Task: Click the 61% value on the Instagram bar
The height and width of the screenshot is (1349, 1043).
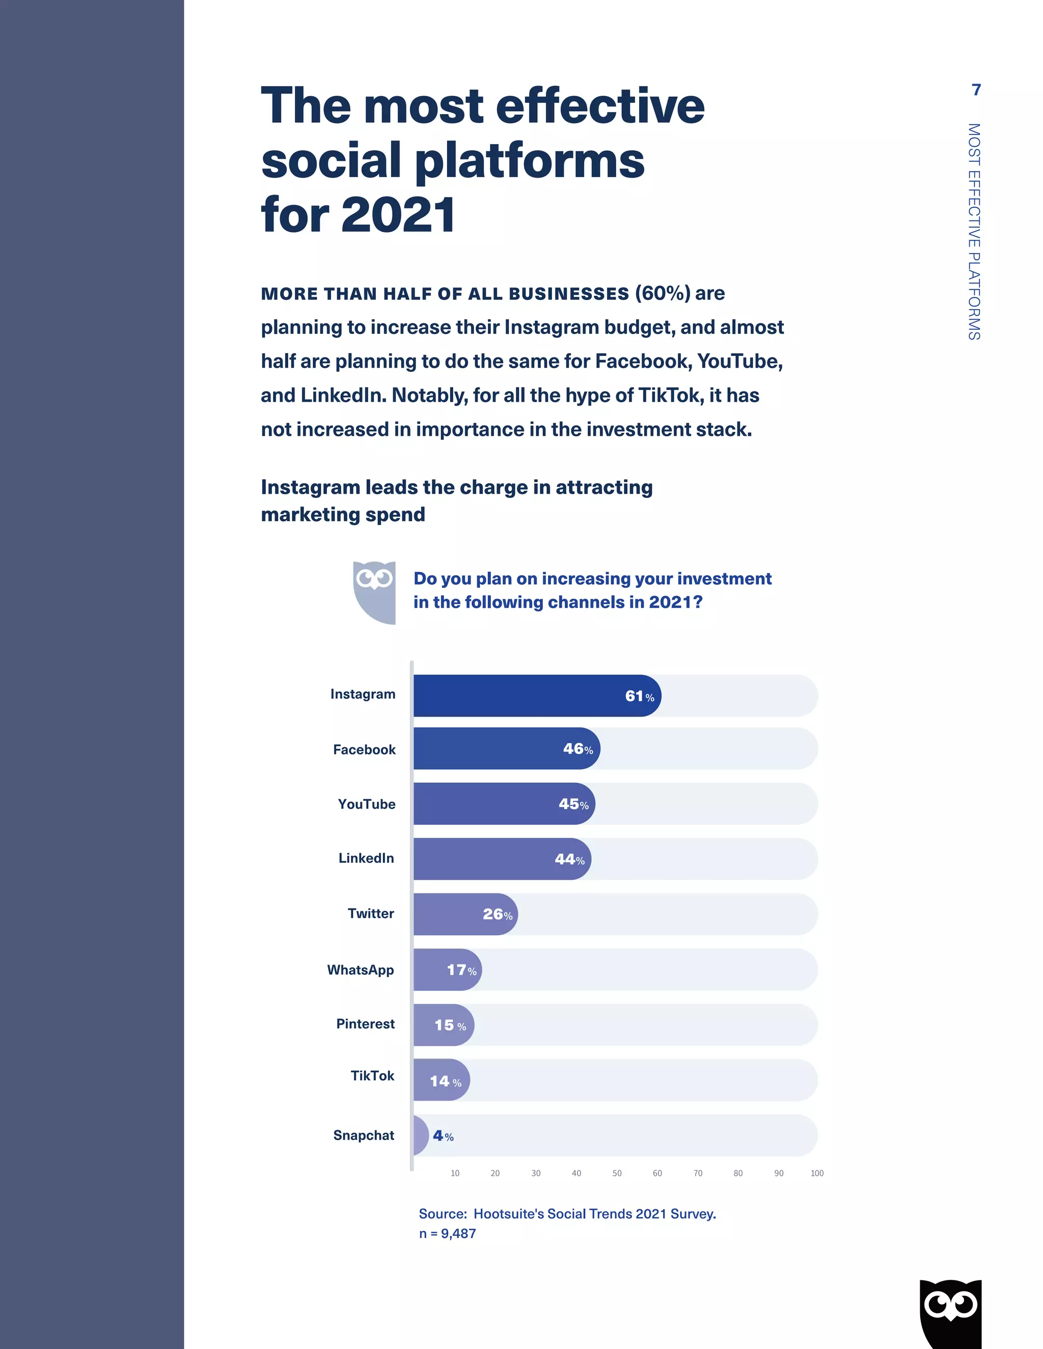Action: pos(639,696)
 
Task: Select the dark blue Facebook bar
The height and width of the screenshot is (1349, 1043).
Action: pos(495,749)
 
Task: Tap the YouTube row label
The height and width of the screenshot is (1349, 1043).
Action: pos(366,804)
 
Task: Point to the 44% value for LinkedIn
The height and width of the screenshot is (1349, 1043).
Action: pos(569,859)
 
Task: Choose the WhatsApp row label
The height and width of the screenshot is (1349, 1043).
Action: pos(360,970)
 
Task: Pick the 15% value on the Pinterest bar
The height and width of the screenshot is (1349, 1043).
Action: pos(450,1025)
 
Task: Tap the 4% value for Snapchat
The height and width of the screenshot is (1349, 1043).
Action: pos(443,1136)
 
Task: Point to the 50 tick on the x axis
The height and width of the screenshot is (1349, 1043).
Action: pos(617,1173)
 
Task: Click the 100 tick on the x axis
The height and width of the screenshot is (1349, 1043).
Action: pos(817,1173)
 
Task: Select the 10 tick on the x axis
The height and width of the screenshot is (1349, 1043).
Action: pos(455,1173)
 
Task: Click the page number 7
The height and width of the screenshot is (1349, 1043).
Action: pos(976,90)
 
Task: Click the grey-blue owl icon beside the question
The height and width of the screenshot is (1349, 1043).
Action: pos(374,592)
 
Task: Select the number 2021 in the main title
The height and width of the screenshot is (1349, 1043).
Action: pos(399,215)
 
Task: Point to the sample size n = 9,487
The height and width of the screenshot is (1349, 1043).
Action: pos(447,1234)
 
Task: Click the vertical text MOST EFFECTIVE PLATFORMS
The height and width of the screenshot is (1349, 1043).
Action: pos(974,232)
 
